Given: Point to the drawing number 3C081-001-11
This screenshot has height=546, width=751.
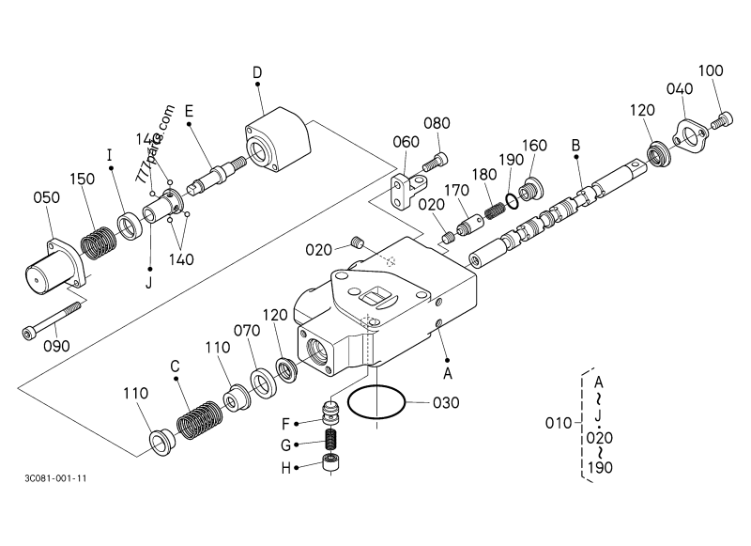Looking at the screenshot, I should [x=56, y=478].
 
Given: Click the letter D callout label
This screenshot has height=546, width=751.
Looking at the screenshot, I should [x=257, y=73].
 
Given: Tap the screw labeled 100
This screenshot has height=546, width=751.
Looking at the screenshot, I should [x=722, y=119].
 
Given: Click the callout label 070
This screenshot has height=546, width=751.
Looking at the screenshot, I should [x=247, y=331].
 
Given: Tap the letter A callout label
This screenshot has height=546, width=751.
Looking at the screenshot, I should [x=447, y=372].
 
